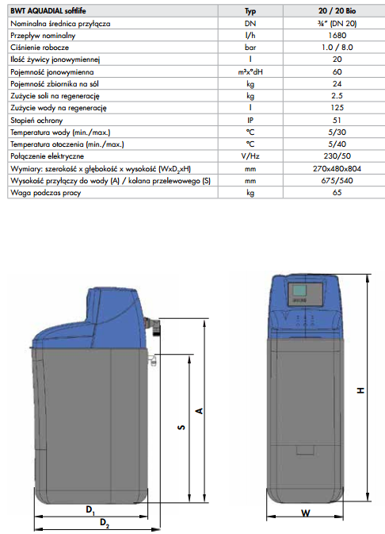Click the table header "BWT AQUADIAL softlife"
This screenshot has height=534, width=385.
[x=48, y=11]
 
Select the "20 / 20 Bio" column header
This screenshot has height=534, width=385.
[x=337, y=11]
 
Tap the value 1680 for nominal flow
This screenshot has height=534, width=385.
[x=337, y=36]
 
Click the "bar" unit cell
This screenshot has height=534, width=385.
[x=250, y=48]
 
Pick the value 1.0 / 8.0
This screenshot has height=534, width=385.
[x=337, y=48]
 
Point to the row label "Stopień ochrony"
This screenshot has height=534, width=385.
[x=36, y=121]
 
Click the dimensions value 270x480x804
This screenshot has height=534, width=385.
[x=337, y=168]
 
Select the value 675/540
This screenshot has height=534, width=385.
[x=337, y=180]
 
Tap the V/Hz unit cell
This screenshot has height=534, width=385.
[x=250, y=156]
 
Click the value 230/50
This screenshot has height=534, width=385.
[x=337, y=156]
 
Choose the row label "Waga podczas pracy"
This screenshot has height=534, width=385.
[x=46, y=193]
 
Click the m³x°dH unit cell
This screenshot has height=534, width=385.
[x=250, y=72]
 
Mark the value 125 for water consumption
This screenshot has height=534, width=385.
[x=337, y=108]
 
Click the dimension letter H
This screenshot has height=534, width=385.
[x=360, y=390]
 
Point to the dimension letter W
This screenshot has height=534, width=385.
[x=306, y=513]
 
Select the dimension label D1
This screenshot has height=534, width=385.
[x=90, y=510]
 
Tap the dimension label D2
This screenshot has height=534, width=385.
[x=105, y=522]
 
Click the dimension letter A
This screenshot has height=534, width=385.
[x=200, y=411]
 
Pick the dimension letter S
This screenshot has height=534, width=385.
[x=181, y=427]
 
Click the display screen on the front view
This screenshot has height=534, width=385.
[x=299, y=290]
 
